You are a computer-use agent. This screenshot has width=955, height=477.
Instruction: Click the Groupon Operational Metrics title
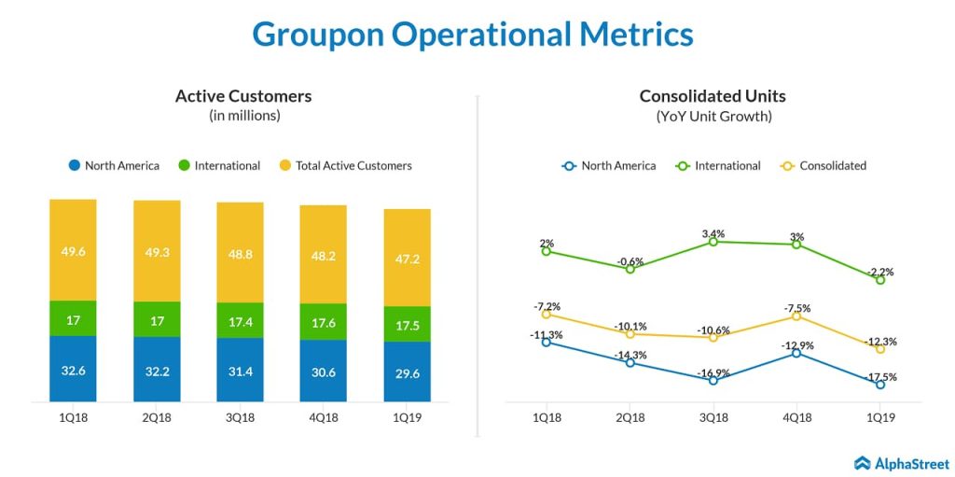473,34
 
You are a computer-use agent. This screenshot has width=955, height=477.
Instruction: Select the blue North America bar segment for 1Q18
73,369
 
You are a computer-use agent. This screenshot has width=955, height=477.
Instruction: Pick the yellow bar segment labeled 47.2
407,257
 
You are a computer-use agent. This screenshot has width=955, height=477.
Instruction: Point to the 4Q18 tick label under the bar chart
323,417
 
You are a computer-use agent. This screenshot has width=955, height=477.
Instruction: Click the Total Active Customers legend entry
353,166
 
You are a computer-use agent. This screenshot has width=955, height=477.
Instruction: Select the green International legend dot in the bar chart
184,166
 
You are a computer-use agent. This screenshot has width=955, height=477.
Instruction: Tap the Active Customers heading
243,96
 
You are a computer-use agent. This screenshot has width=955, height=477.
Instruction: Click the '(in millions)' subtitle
243,117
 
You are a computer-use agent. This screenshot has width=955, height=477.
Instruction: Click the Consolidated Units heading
713,96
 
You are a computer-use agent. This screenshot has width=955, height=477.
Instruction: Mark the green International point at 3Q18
713,242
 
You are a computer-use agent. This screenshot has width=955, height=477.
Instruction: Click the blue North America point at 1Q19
880,384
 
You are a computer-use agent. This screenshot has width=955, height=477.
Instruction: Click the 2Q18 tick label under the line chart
630,417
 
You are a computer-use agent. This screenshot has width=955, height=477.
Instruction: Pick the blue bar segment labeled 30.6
323,371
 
